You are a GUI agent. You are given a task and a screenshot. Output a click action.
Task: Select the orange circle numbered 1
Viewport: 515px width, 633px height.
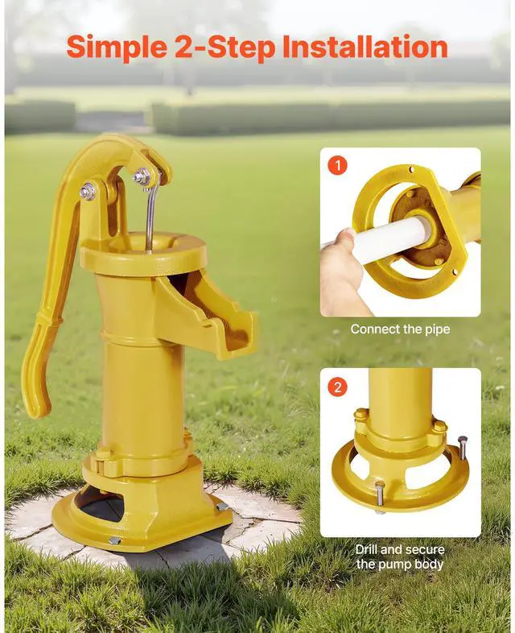click(x=338, y=167)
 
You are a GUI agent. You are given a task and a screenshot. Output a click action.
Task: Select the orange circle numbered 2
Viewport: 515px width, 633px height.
click(x=338, y=387)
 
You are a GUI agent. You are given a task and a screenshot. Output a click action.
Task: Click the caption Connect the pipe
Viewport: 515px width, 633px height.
click(x=400, y=329)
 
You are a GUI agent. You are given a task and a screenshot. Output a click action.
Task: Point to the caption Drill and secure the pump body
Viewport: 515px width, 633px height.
click(x=400, y=556)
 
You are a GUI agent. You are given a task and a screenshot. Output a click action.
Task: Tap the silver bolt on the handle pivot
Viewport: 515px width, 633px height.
click(x=87, y=192)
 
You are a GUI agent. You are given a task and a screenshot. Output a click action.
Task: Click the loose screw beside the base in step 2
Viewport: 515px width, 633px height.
click(x=462, y=447)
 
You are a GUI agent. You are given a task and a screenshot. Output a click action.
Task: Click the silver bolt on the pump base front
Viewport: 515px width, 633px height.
click(x=115, y=540)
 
